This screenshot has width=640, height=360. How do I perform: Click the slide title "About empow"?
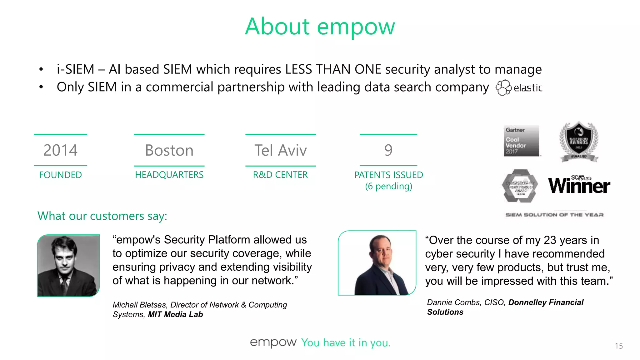(x=320, y=27)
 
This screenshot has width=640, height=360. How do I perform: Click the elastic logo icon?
(x=503, y=88)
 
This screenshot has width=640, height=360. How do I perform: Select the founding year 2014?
(x=60, y=150)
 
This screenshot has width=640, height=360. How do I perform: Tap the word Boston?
(x=169, y=150)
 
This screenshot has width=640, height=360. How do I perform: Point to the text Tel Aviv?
(x=280, y=150)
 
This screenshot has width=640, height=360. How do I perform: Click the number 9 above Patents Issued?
(x=388, y=150)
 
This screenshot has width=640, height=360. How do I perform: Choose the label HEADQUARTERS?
(x=169, y=175)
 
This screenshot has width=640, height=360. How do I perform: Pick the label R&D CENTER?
(x=280, y=175)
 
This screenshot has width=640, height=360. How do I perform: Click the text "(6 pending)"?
(x=388, y=186)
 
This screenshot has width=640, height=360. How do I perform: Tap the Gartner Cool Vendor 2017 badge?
(x=521, y=141)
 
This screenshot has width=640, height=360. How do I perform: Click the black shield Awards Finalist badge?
(x=579, y=142)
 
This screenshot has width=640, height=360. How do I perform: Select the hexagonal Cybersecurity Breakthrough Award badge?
(x=520, y=186)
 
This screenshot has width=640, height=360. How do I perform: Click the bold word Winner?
(x=579, y=186)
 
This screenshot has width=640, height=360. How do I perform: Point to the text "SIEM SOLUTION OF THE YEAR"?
(x=554, y=215)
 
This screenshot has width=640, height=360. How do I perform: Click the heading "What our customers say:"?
(x=102, y=216)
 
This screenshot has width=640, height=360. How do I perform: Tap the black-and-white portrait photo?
(x=68, y=265)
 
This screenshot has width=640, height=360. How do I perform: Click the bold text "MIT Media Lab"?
(x=175, y=314)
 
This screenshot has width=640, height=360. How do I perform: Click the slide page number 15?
(x=618, y=346)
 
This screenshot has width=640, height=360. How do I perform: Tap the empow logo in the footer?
(x=273, y=342)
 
